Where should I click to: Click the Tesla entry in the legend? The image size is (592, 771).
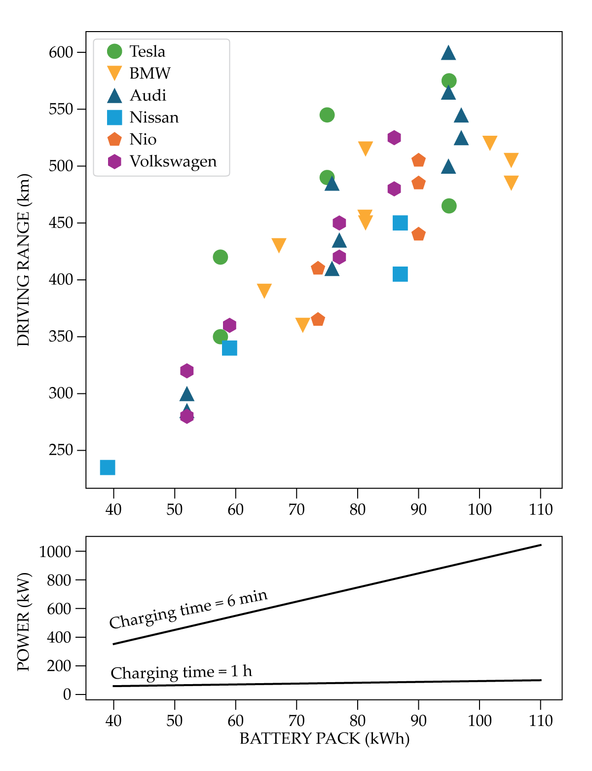pyautogui.click(x=147, y=51)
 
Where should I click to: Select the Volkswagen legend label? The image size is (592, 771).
pyautogui.click(x=173, y=161)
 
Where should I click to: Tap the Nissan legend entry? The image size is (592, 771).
pyautogui.click(x=154, y=117)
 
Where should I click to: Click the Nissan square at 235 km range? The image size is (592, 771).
pyautogui.click(x=108, y=467)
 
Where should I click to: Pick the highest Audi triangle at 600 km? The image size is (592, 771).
pyautogui.click(x=448, y=53)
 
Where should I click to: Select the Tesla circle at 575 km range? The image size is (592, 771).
pyautogui.click(x=449, y=80)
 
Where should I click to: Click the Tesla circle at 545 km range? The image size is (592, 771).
pyautogui.click(x=327, y=115)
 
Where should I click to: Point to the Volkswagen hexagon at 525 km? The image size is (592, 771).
pyautogui.click(x=394, y=138)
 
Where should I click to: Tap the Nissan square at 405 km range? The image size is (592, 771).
pyautogui.click(x=400, y=274)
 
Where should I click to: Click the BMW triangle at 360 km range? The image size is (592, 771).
pyautogui.click(x=302, y=324)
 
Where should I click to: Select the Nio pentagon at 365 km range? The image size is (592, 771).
pyautogui.click(x=318, y=320)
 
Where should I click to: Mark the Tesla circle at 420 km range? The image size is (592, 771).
pyautogui.click(x=221, y=257)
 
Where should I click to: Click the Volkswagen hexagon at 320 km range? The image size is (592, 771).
pyautogui.click(x=186, y=371)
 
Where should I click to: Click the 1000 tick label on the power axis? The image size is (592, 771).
pyautogui.click(x=55, y=551)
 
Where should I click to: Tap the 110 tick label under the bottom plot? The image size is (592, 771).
pyautogui.click(x=541, y=721)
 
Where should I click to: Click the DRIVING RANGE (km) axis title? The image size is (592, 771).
pyautogui.click(x=23, y=260)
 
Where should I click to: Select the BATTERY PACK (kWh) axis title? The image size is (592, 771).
pyautogui.click(x=324, y=739)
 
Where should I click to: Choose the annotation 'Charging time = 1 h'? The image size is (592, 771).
pyautogui.click(x=181, y=672)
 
